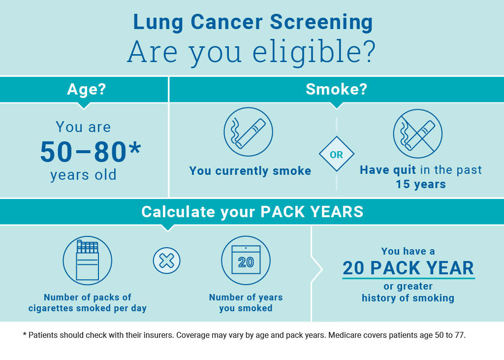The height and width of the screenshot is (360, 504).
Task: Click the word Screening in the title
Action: coord(321,23)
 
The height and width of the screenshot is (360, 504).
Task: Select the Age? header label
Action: coord(87,89)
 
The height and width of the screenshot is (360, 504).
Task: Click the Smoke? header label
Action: coord(336,89)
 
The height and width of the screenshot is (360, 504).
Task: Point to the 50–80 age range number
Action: coord(83,152)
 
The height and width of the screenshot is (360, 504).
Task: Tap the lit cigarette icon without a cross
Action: coord(248,132)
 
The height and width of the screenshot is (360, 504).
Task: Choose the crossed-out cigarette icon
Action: coord(417,133)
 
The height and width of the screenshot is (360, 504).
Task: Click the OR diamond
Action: coord(337,154)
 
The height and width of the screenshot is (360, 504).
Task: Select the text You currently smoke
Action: coord(250,171)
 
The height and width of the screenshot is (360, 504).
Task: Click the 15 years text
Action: coord(421,184)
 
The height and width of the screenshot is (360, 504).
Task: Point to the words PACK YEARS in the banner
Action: coord(312,212)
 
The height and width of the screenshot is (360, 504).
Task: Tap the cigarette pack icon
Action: coord(88,261)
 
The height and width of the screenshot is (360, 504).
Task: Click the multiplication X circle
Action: coord(166,261)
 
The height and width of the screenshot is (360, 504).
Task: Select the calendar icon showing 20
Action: coord(246,260)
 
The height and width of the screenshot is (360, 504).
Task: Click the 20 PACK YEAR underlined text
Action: coord(408,268)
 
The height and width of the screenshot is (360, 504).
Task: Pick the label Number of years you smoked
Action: coord(246,303)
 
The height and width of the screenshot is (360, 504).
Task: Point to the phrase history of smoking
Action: coord(408,298)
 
